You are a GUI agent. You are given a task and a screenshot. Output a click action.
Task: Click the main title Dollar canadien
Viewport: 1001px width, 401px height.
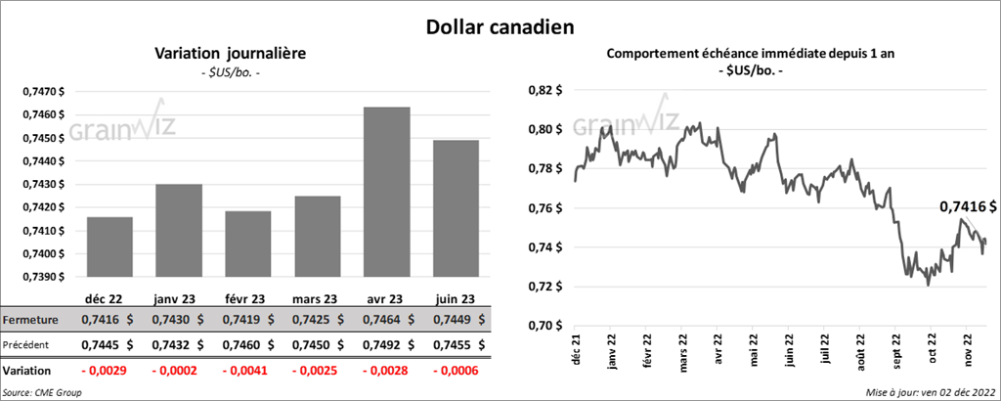(x=500, y=26)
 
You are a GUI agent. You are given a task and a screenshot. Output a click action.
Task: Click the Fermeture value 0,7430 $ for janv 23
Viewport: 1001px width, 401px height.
(x=178, y=320)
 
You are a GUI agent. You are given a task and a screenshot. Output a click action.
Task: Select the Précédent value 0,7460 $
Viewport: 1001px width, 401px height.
(x=247, y=344)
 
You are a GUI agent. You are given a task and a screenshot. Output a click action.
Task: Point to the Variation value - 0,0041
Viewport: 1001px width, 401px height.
(x=245, y=372)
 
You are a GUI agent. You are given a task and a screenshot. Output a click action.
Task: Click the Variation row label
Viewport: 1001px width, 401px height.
(x=27, y=372)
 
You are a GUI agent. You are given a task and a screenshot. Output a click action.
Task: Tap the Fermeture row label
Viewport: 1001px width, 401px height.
(x=30, y=320)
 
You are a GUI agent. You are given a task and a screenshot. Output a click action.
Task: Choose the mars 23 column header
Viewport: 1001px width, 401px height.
(x=317, y=299)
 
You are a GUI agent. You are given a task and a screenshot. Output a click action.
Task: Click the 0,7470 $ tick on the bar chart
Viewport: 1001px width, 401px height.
(x=44, y=91)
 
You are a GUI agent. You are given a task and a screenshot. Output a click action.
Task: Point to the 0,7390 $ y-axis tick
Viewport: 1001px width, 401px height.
(x=44, y=277)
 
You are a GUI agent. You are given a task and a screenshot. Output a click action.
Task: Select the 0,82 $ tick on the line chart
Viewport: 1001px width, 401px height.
(x=546, y=90)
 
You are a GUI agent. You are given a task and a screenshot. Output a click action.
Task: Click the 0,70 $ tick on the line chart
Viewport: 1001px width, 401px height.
(x=546, y=326)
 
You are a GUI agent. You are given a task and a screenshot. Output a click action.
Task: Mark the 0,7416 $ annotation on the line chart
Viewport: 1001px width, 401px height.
(x=968, y=206)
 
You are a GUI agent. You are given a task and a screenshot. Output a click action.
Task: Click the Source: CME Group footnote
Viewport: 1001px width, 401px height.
(x=43, y=392)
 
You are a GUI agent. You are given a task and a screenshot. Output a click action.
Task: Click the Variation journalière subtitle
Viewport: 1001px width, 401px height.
(x=231, y=54)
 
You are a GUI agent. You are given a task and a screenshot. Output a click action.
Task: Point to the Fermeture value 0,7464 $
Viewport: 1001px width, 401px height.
(x=386, y=320)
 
